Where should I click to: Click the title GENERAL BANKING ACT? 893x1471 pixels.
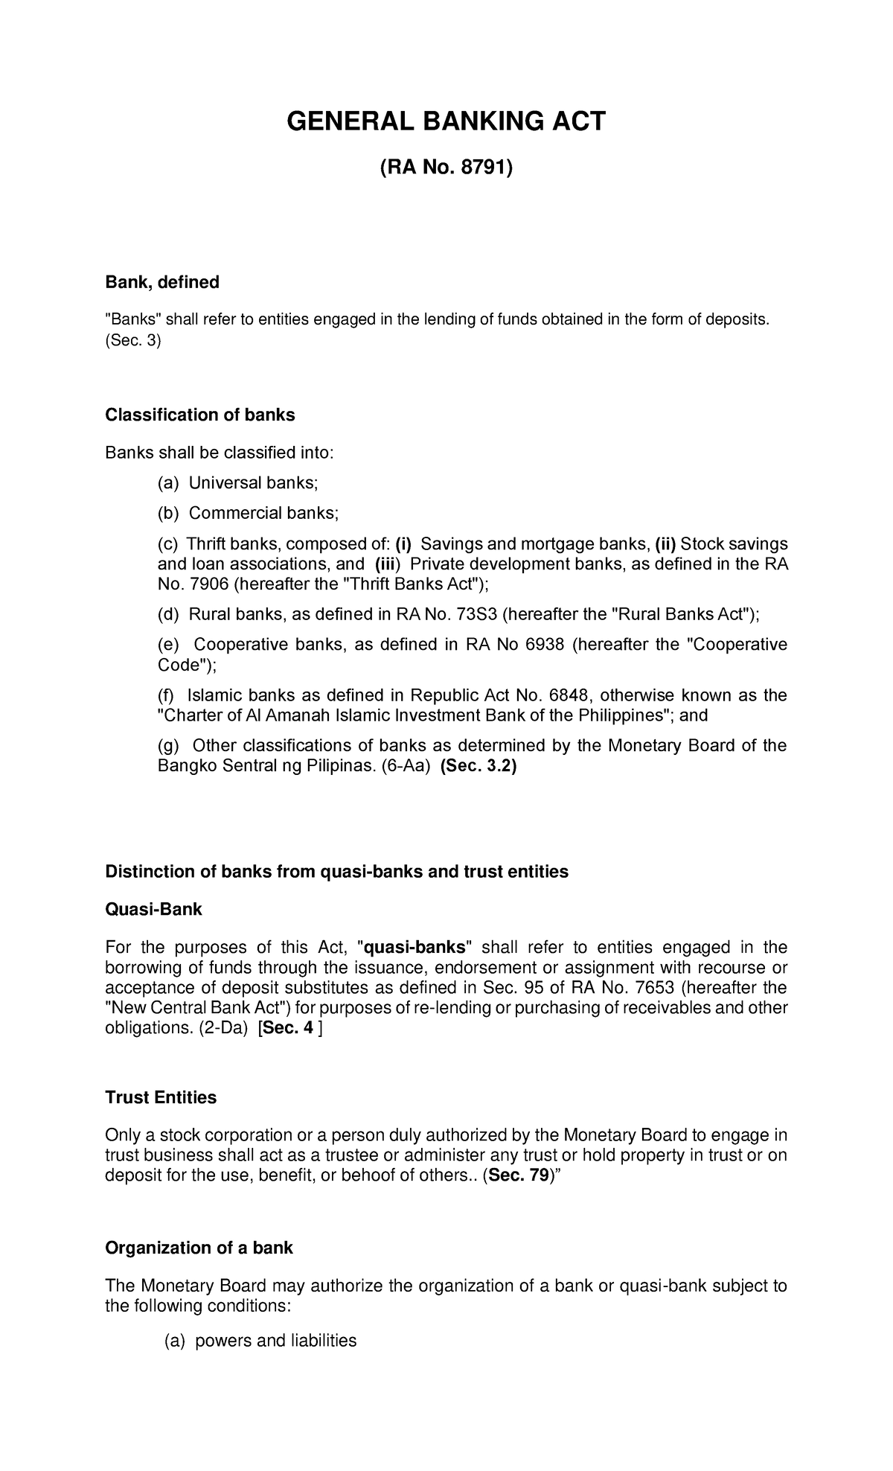[446, 121]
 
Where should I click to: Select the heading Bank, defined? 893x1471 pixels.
[161, 282]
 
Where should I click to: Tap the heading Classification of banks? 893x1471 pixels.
[199, 415]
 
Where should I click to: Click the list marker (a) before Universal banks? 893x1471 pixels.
[168, 483]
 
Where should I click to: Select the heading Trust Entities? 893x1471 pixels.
[161, 1097]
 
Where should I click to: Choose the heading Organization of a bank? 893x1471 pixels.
[199, 1248]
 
